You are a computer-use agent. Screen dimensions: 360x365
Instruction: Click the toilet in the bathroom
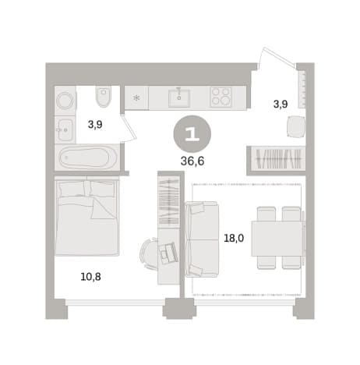(x=104, y=96)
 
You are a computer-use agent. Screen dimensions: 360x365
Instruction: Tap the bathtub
(x=87, y=158)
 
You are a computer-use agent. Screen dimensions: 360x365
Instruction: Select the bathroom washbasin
(x=65, y=129)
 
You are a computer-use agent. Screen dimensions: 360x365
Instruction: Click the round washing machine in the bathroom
(x=65, y=101)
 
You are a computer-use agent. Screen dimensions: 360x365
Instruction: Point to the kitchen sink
(x=179, y=98)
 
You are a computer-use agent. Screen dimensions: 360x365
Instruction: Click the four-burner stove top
(x=221, y=97)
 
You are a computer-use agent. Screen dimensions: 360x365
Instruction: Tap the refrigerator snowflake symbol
(x=136, y=97)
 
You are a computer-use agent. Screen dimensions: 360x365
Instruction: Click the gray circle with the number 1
(x=192, y=133)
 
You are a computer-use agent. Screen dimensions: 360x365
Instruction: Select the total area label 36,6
(x=192, y=161)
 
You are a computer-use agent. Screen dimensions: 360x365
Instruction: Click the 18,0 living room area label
(x=234, y=238)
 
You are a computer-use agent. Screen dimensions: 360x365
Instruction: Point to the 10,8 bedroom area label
(x=90, y=277)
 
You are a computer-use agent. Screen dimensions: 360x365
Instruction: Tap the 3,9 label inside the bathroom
(x=95, y=125)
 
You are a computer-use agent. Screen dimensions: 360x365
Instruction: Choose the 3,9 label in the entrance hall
(x=281, y=105)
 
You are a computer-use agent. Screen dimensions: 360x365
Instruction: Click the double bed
(x=87, y=216)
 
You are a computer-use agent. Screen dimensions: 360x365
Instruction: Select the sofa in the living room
(x=202, y=239)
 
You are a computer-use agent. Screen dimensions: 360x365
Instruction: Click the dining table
(x=277, y=239)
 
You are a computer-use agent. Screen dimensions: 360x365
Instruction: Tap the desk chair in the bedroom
(x=149, y=253)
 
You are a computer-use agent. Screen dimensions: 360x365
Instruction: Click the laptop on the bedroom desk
(x=168, y=253)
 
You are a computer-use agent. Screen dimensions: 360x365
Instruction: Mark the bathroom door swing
(x=129, y=127)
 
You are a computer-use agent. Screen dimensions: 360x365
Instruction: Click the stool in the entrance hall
(x=296, y=126)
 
